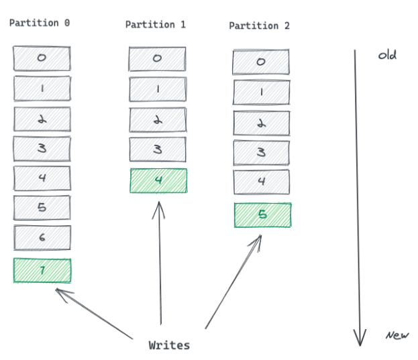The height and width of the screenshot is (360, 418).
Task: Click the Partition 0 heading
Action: click(40, 23)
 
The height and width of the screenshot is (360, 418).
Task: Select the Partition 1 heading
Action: click(155, 25)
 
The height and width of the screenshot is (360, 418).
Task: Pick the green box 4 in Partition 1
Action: click(158, 180)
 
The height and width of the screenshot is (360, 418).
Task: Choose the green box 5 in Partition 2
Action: click(262, 215)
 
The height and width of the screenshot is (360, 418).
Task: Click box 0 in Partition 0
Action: click(42, 58)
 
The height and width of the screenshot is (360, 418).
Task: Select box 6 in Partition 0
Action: click(42, 238)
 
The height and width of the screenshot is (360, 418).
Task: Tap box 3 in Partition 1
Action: click(158, 149)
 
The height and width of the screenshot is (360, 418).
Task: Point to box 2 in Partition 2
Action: click(262, 123)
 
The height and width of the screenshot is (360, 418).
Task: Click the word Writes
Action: click(169, 346)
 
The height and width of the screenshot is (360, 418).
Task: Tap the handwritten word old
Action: click(387, 56)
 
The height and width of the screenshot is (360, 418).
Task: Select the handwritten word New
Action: click(397, 335)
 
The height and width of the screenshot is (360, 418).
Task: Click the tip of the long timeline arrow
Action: click(360, 343)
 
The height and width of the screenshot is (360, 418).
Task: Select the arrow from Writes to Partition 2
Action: click(232, 282)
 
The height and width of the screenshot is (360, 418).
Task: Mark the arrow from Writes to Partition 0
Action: click(94, 314)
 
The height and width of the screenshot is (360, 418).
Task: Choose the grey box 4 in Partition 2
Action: click(262, 182)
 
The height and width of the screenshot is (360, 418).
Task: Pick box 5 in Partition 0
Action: click(42, 208)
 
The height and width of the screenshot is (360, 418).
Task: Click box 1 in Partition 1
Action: click(158, 88)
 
